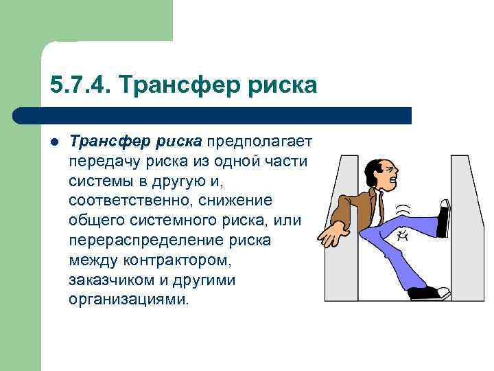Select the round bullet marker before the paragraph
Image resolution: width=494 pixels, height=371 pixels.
pyautogui.click(x=54, y=142)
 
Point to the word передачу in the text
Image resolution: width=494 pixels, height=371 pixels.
pyautogui.click(x=100, y=161)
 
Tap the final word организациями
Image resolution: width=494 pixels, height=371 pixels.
pyautogui.click(x=127, y=300)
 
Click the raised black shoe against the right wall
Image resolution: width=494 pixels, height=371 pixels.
pyautogui.click(x=443, y=218)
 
